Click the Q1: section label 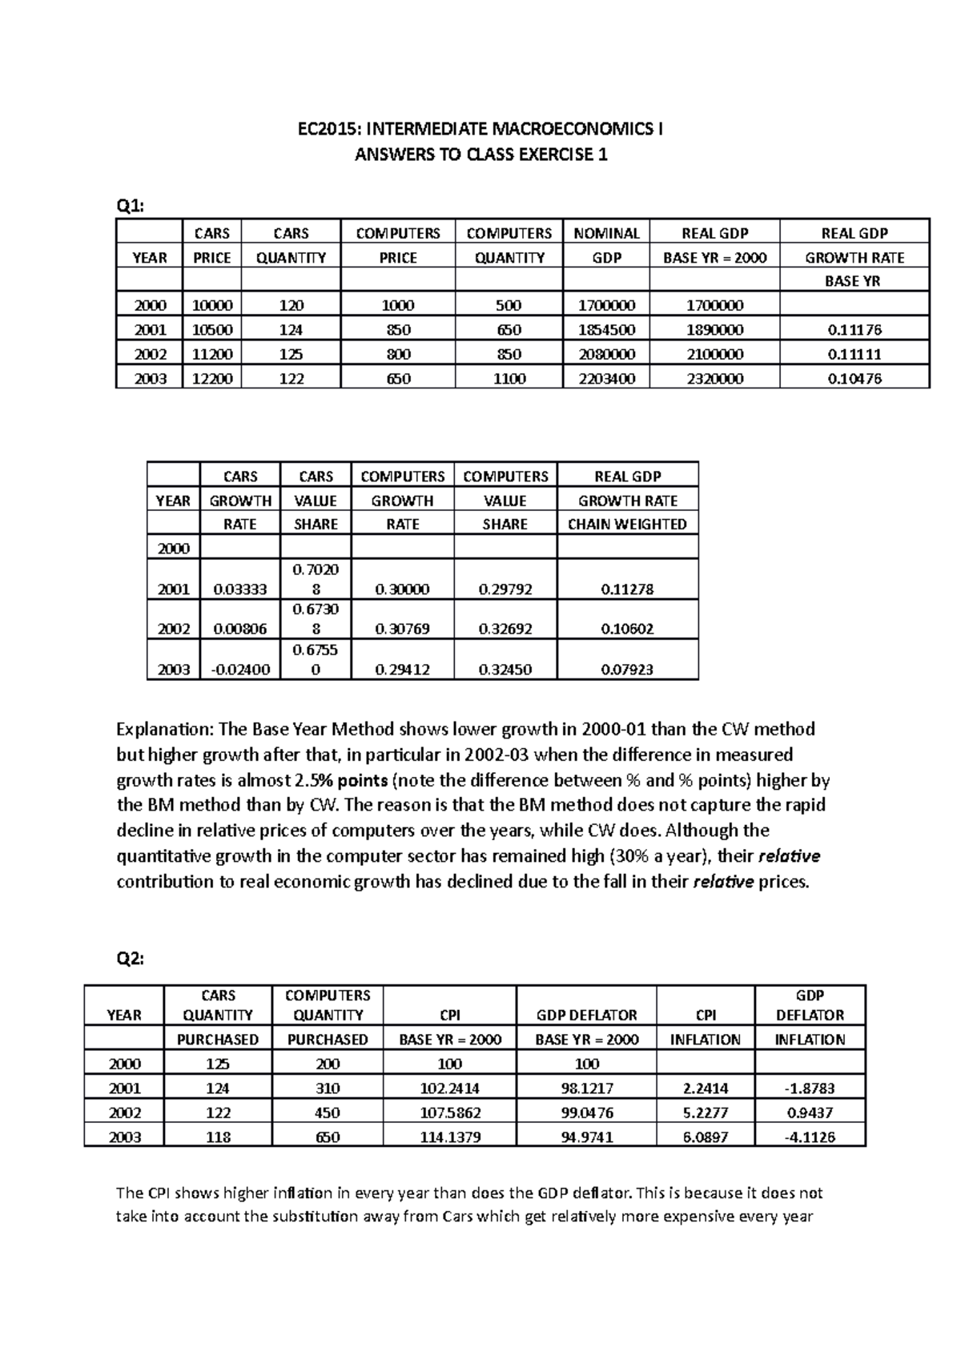(x=131, y=206)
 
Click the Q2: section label (x=131, y=959)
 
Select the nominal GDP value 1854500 (x=606, y=330)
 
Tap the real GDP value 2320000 (x=714, y=379)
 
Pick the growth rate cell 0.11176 (x=854, y=330)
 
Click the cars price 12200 (x=211, y=379)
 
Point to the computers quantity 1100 (x=509, y=379)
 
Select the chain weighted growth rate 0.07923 (x=627, y=670)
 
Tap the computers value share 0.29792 (x=505, y=589)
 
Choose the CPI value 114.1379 (x=450, y=1137)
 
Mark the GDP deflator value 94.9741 (x=586, y=1137)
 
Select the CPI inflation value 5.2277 (x=706, y=1113)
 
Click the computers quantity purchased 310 (x=328, y=1088)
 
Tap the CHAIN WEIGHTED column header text (x=627, y=524)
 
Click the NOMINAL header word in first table (x=606, y=233)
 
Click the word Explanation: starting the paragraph (x=164, y=729)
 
